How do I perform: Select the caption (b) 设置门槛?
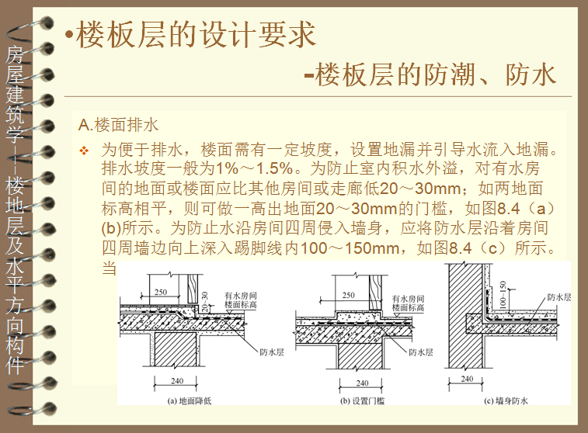(x=363, y=400)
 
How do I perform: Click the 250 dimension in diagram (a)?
(x=161, y=292)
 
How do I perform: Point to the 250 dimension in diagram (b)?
(x=348, y=295)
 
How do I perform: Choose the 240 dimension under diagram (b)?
(x=362, y=383)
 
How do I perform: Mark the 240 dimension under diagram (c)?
(x=466, y=379)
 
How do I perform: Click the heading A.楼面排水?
(x=119, y=124)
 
